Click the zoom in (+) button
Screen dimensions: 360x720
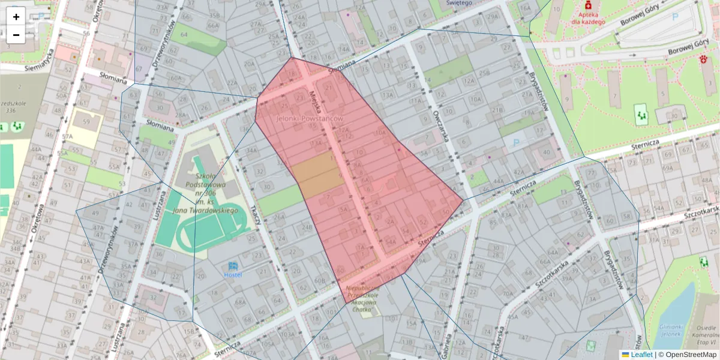(x=16, y=16)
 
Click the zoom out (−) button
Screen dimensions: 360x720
(x=16, y=35)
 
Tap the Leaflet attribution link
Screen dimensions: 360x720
(x=641, y=355)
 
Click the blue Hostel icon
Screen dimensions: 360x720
(x=233, y=266)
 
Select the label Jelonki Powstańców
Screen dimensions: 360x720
(x=309, y=119)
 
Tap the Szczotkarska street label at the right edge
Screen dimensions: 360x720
(x=701, y=214)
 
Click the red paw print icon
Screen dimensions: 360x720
(x=703, y=59)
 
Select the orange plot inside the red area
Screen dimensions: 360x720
(x=317, y=174)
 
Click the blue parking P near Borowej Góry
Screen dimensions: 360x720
(x=676, y=18)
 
